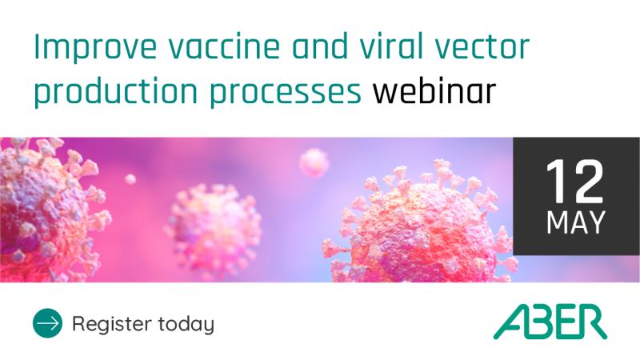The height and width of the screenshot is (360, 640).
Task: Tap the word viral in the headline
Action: coord(382,46)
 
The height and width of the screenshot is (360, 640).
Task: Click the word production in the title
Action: coord(116,92)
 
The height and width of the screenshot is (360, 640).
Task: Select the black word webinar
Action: coord(434,90)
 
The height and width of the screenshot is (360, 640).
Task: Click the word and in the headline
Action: coord(319,46)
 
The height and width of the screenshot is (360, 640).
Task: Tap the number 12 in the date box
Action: coord(575,182)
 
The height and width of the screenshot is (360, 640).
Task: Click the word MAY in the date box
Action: coord(575,223)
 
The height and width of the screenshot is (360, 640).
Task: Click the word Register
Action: coord(112,324)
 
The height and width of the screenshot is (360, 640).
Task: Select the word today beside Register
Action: coord(186,324)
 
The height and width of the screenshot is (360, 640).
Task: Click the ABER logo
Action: coord(550,322)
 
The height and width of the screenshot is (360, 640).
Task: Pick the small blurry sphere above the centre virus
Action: coord(314,163)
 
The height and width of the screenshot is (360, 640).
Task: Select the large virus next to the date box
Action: coord(421,229)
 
